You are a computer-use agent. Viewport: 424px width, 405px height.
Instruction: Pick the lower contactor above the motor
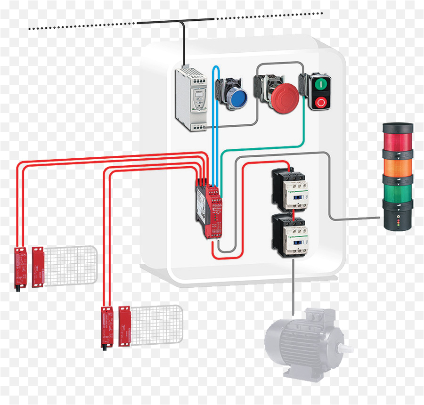[x=289, y=235]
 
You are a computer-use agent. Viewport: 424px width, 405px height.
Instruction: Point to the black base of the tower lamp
[x=398, y=219]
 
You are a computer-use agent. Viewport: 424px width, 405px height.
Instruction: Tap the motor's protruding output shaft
[x=347, y=348]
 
